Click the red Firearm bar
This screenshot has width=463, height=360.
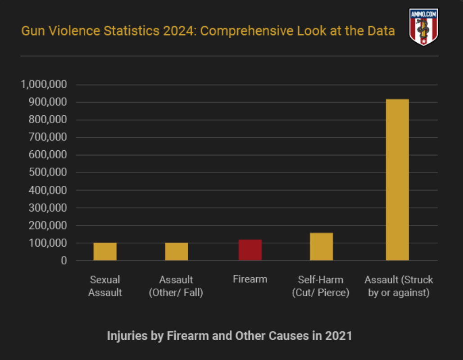tap(250, 250)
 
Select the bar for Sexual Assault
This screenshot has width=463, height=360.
tap(105, 252)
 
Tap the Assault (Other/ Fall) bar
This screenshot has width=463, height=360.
tap(176, 252)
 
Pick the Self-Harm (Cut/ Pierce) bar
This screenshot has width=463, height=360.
tap(322, 247)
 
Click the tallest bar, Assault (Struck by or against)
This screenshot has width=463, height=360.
tap(397, 180)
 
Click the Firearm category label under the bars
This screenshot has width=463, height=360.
tap(250, 279)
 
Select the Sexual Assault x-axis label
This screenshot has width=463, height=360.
tap(105, 286)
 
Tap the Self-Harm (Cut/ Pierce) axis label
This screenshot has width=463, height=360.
tap(321, 286)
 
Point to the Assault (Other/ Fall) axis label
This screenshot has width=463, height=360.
tap(176, 286)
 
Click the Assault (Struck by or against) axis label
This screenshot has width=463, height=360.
tap(399, 286)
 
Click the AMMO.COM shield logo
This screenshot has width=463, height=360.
tap(423, 27)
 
